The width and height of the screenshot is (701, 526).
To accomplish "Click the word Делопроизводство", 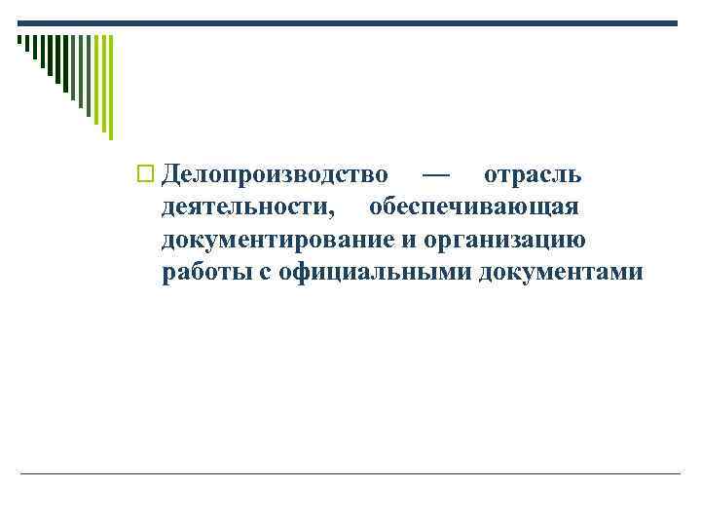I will tap(275, 175).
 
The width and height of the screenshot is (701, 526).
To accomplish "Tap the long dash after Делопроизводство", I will tap(436, 175).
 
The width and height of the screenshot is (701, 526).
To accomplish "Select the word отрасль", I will tap(534, 175).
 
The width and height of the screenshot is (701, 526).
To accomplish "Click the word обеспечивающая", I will tap(474, 207).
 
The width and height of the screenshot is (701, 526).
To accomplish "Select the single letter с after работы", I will tap(266, 272).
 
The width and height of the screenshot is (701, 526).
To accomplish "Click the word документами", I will tap(561, 272).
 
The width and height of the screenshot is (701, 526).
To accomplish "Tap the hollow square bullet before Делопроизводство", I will tap(148, 176).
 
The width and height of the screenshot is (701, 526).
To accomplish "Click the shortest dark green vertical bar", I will tap(19, 41).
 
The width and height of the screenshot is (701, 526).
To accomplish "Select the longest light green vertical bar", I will tap(110, 88).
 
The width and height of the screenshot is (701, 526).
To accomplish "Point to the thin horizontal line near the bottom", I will tap(350, 474).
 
